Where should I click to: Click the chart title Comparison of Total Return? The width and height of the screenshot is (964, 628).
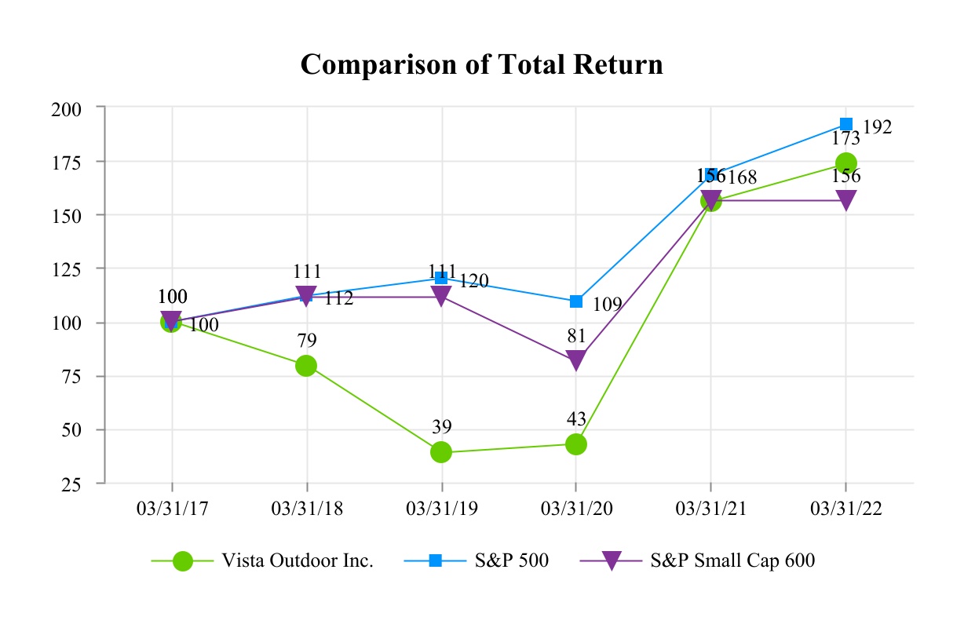pyautogui.click(x=481, y=64)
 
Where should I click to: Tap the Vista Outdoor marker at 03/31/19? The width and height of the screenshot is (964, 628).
pyautogui.click(x=441, y=451)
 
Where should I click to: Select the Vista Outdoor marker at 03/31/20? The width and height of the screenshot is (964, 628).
pyautogui.click(x=576, y=444)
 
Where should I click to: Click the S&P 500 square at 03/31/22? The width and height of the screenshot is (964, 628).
pyautogui.click(x=845, y=124)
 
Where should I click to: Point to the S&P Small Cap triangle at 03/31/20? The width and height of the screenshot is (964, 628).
pyautogui.click(x=576, y=360)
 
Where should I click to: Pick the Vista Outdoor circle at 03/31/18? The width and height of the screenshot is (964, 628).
pyautogui.click(x=306, y=366)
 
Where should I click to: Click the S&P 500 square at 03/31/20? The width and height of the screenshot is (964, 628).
pyautogui.click(x=576, y=301)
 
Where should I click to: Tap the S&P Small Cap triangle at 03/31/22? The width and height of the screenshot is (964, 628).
pyautogui.click(x=845, y=200)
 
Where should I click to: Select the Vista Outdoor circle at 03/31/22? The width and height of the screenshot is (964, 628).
pyautogui.click(x=845, y=163)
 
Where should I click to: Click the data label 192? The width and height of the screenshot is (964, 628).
pyautogui.click(x=877, y=127)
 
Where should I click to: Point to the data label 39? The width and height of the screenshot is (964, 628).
pyautogui.click(x=441, y=427)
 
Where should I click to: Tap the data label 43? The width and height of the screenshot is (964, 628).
pyautogui.click(x=576, y=418)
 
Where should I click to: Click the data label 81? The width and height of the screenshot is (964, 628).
pyautogui.click(x=576, y=336)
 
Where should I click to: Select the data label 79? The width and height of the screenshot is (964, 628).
pyautogui.click(x=306, y=341)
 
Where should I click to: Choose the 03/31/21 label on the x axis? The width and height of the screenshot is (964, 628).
pyautogui.click(x=710, y=509)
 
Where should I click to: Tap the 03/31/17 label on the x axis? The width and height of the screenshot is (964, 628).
pyautogui.click(x=171, y=509)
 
